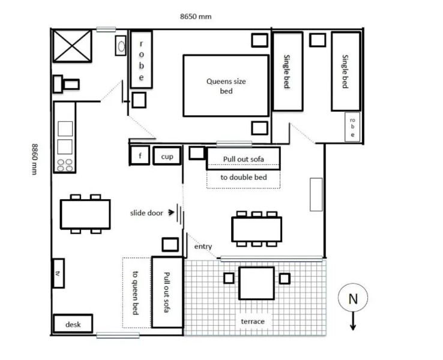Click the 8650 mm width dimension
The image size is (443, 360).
coord(195,16)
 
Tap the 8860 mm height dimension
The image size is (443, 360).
coord(35,160)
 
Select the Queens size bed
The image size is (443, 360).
coord(226,86)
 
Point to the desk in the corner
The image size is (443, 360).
coord(73,324)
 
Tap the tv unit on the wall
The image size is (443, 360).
coord(58,273)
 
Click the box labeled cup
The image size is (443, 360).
coord(166,156)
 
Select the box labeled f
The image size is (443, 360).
coord(139,155)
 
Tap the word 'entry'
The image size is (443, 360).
coord(203,247)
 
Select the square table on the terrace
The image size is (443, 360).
coord(257,283)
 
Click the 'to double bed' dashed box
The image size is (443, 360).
coord(243,179)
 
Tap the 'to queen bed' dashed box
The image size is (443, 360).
coord(136,292)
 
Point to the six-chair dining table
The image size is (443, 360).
coord(256,229)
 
